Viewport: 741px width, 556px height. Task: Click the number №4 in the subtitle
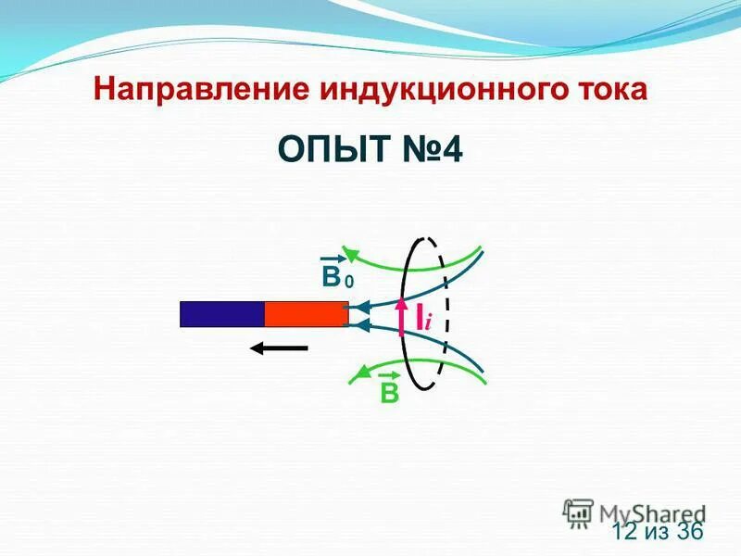click(x=432, y=148)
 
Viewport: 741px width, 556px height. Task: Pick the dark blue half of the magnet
click(x=222, y=314)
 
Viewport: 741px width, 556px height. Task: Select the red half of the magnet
click(x=306, y=314)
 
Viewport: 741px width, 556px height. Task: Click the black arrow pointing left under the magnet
click(x=279, y=348)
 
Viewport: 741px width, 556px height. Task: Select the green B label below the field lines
click(x=389, y=393)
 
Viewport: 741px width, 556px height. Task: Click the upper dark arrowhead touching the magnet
click(x=356, y=306)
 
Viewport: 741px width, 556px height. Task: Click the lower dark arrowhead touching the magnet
click(x=356, y=323)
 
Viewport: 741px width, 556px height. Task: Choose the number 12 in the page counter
click(x=626, y=531)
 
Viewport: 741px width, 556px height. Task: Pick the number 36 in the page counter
click(x=690, y=531)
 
